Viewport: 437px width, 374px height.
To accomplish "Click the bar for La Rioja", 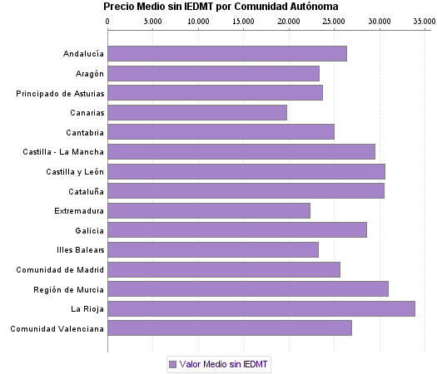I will tap(261, 308).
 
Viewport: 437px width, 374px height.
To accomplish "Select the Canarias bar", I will tap(197, 112).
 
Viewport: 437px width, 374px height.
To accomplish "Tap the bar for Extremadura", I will tap(209, 210).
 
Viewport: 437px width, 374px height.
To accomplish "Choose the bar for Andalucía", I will tap(227, 54).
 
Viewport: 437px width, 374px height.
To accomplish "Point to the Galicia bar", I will tap(237, 230).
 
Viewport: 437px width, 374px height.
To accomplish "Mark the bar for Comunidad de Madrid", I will tap(224, 269).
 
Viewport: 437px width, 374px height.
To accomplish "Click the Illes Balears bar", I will tap(213, 249).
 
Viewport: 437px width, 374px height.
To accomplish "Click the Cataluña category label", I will tap(84, 191).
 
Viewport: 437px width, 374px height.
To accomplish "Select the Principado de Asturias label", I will tap(60, 93).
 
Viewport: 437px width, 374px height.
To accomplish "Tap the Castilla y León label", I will tap(75, 171).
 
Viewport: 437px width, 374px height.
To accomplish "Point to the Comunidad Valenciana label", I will tap(57, 328).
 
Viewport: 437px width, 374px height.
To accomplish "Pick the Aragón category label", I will tap(88, 74).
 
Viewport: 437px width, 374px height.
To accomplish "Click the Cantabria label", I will tap(85, 132).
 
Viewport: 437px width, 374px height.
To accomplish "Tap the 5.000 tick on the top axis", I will tap(153, 21).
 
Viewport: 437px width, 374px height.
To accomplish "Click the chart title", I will tap(221, 7).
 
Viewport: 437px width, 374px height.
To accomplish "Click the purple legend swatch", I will tap(172, 364).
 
